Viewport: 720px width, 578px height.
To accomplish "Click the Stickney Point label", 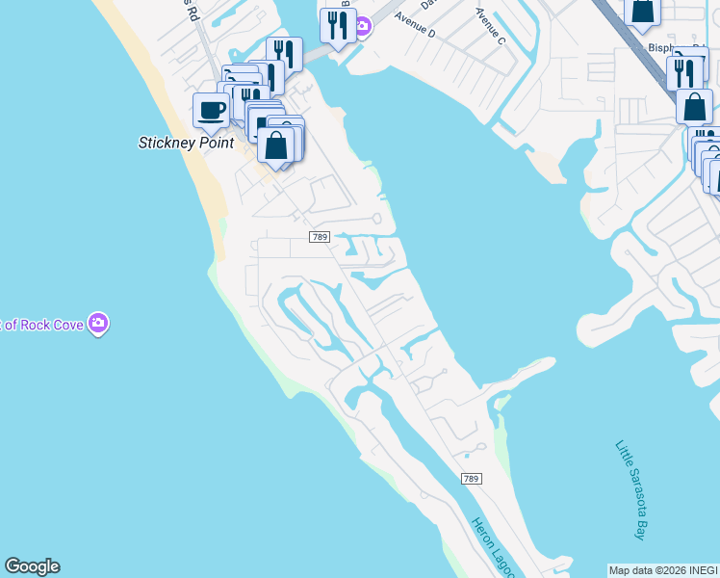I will pos(186,143).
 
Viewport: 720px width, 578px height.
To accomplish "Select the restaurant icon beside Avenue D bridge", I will pos(337,25).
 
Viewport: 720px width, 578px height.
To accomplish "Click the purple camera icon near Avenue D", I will pos(362,26).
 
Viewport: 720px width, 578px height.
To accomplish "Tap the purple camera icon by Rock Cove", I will pos(97,324).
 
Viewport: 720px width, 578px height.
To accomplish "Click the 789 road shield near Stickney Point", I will pos(321,237).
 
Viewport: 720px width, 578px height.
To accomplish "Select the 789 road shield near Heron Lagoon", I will pos(471,479).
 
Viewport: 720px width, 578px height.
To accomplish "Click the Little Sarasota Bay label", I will pos(631,489).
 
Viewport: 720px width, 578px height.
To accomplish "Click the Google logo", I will pos(32,566).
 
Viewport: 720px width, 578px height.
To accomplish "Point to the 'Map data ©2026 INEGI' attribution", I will pos(663,570).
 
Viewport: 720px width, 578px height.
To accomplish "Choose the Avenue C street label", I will pos(490,26).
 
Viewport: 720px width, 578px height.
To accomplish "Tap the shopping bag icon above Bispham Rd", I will pos(642,11).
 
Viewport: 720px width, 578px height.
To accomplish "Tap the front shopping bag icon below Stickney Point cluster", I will pos(276,144).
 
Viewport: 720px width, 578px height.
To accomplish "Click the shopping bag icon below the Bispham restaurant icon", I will pos(694,106).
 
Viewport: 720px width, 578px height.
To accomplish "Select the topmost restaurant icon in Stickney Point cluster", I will pos(284,53).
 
